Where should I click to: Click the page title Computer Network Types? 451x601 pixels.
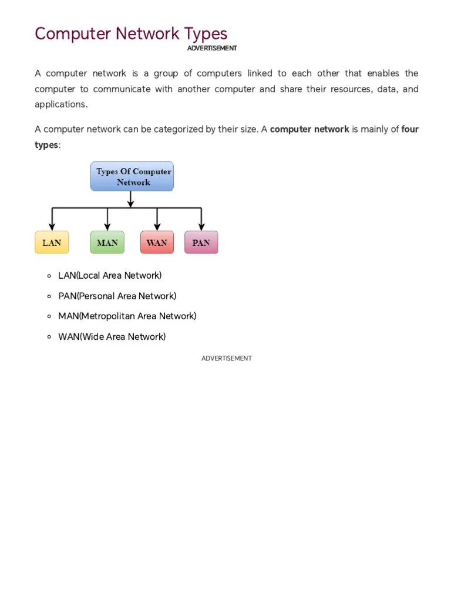[131, 33]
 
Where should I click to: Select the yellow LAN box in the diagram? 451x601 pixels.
[52, 242]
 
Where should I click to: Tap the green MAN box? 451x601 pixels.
[107, 242]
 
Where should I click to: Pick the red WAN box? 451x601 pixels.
[157, 242]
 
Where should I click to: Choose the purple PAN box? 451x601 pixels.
[201, 242]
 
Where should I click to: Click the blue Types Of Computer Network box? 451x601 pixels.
[132, 177]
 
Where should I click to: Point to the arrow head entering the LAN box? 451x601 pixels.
[52, 228]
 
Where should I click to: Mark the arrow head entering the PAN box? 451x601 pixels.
[201, 228]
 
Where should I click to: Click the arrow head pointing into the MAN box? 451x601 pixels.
[107, 228]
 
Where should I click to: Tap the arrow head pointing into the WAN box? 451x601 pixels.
[157, 228]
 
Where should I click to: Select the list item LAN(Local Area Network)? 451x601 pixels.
[110, 275]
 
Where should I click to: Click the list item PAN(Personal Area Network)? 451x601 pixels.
[117, 296]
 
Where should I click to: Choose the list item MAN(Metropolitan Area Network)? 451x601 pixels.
[127, 316]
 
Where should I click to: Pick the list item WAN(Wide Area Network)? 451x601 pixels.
[112, 337]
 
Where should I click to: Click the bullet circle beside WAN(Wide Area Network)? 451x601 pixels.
[49, 337]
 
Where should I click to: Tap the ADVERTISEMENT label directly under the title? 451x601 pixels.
[212, 48]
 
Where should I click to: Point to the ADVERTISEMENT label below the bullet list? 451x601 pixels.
[226, 358]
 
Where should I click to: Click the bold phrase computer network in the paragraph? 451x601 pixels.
[309, 129]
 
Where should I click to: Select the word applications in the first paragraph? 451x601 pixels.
[60, 104]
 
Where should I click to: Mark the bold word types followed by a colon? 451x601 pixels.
[46, 145]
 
